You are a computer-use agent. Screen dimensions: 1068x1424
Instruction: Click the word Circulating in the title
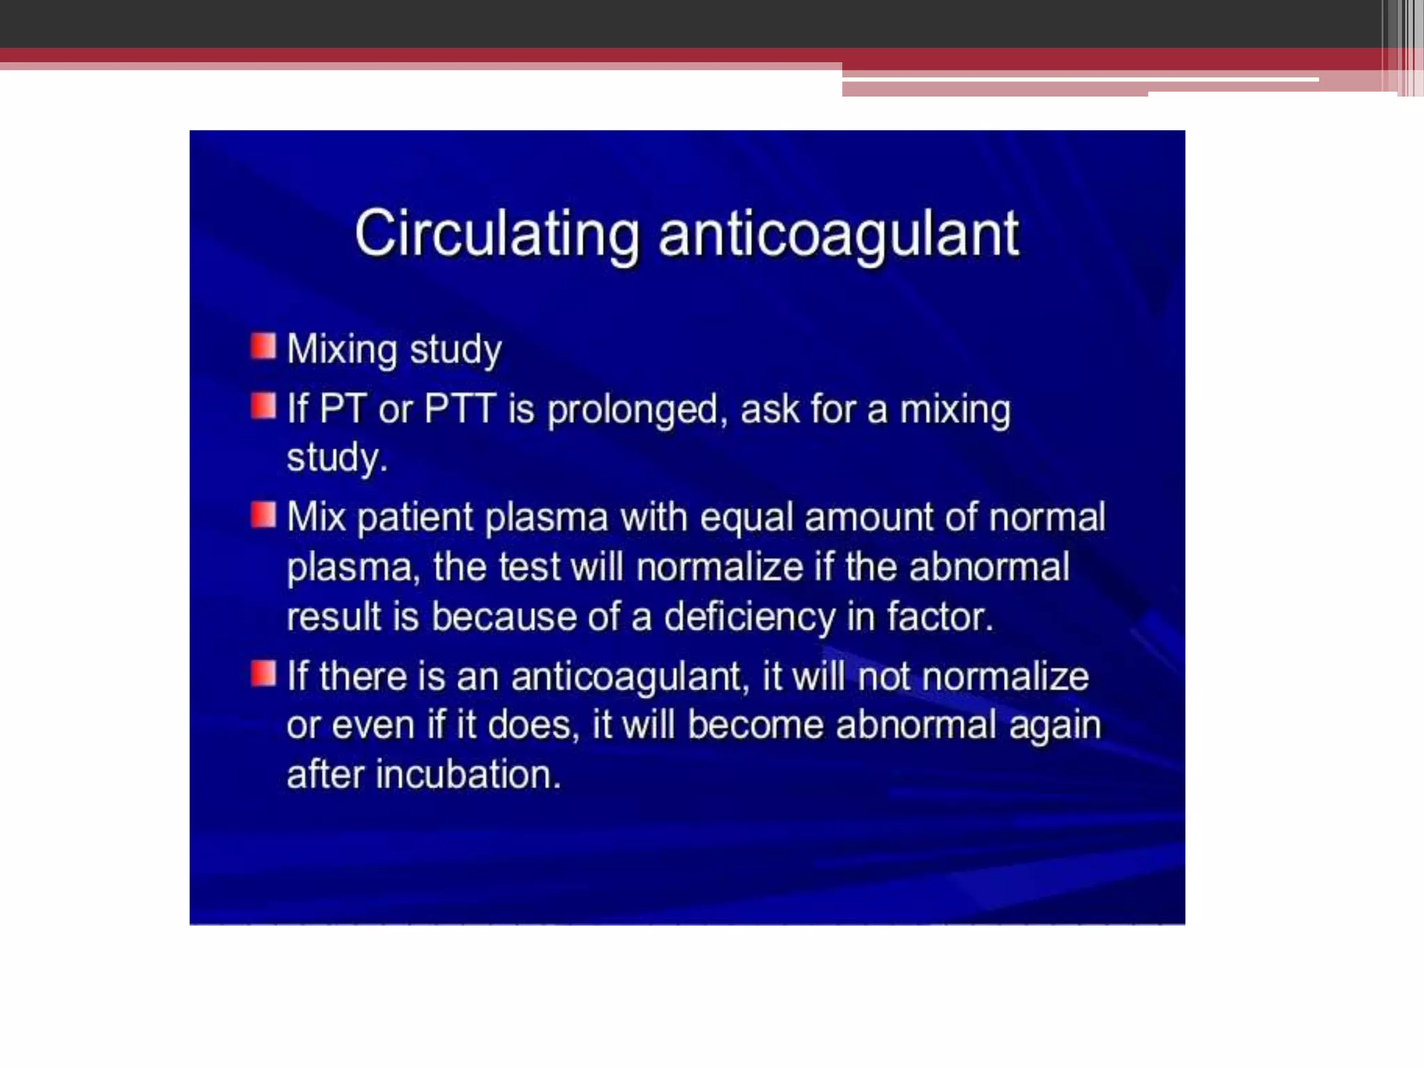pos(496,234)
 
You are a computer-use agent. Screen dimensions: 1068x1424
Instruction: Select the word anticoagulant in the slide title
pos(839,235)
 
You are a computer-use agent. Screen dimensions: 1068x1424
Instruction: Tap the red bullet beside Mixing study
pos(264,346)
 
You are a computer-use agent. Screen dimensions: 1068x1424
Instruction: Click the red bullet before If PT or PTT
pos(264,406)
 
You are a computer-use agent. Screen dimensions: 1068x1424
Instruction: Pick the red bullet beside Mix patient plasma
pos(264,515)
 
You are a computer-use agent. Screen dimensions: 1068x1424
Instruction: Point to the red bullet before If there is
pos(264,674)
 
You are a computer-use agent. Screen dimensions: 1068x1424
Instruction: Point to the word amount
pos(868,518)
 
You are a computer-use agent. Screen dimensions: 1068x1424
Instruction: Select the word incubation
pos(468,775)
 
